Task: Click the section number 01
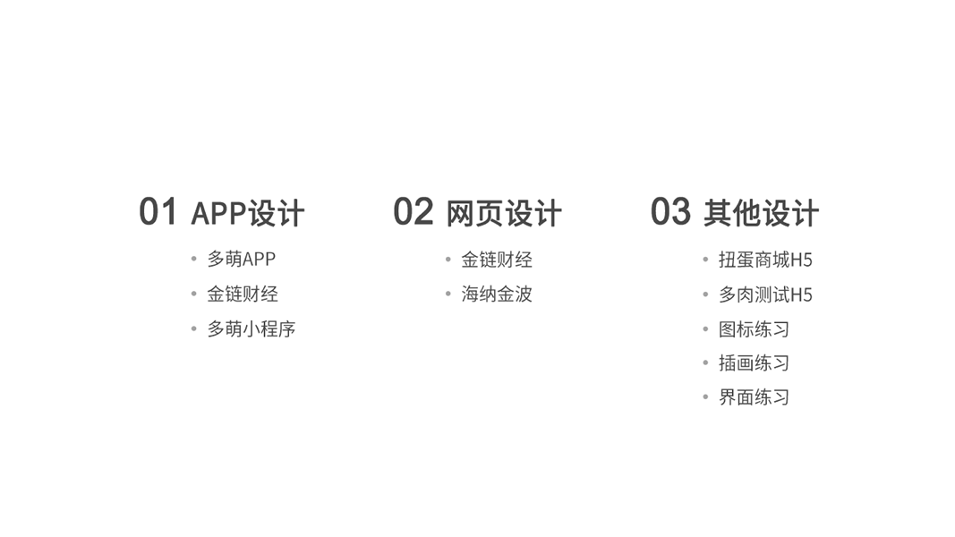[x=158, y=212]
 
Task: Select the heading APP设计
[x=248, y=214]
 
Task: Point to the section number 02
[x=413, y=212]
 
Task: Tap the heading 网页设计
[x=504, y=214]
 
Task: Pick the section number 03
[x=670, y=212]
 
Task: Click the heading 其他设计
[x=761, y=214]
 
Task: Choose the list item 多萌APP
[x=242, y=260]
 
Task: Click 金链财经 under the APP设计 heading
[x=243, y=294]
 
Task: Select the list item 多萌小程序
[x=252, y=329]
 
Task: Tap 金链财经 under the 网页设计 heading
[x=497, y=260]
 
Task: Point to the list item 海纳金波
[x=497, y=294]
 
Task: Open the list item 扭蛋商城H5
[x=765, y=260]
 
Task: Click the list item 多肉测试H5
[x=765, y=294]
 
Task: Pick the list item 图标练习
[x=755, y=329]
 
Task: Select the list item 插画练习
[x=755, y=363]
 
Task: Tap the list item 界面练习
[x=755, y=397]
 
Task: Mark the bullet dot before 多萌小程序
[x=193, y=328]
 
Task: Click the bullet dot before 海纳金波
[x=448, y=294]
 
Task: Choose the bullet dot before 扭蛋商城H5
[x=705, y=260]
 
